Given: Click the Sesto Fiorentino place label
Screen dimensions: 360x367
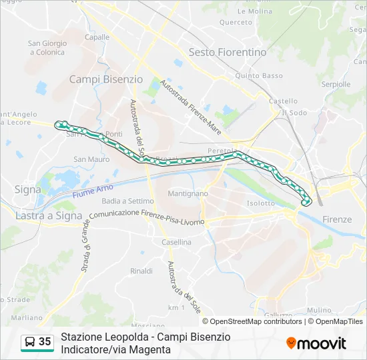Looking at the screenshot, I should tap(228, 52).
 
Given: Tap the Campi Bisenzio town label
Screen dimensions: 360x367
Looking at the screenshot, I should tap(106, 79).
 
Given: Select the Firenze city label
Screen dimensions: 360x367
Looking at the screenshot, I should tap(336, 219).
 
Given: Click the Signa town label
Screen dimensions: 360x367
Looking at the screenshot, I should tap(27, 189).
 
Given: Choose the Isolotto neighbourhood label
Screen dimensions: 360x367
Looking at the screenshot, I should tap(260, 203).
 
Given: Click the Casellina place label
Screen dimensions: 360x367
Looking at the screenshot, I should tap(176, 243).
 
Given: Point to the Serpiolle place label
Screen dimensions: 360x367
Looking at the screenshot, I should tap(336, 85).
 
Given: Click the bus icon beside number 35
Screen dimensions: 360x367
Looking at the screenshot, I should tap(30, 342).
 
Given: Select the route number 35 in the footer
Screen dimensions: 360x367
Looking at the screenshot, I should tap(45, 342).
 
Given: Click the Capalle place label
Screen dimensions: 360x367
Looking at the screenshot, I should tap(97, 37).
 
